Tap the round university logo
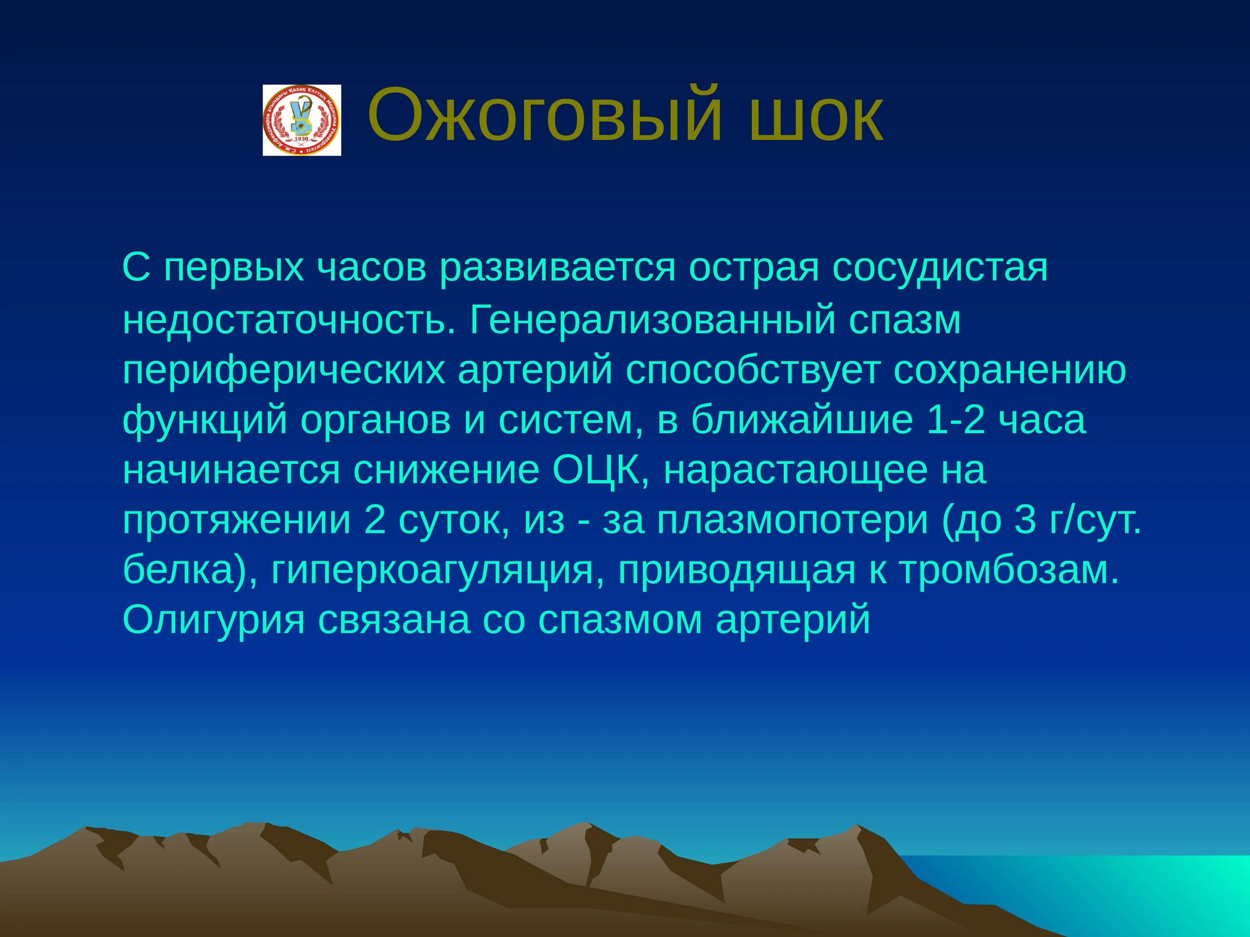pyautogui.click(x=302, y=120)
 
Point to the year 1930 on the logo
pyautogui.click(x=302, y=138)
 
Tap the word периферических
pyautogui.click(x=284, y=371)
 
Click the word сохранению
pyautogui.click(x=1010, y=371)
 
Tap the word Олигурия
pyautogui.click(x=214, y=621)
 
